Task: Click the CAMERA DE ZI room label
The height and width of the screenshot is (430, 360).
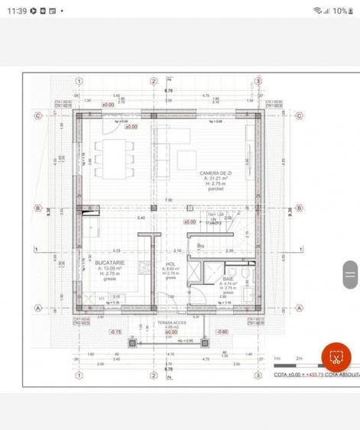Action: [216, 173]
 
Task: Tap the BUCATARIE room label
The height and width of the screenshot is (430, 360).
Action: [111, 262]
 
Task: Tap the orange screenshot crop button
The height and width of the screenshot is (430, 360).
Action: [335, 357]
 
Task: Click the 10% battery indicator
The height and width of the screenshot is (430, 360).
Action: [339, 11]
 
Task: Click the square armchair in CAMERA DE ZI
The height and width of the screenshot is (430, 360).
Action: [187, 160]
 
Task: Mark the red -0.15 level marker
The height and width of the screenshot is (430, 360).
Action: [115, 332]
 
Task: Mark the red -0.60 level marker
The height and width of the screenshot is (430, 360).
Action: [222, 332]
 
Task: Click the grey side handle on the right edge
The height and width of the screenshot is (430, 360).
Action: [350, 273]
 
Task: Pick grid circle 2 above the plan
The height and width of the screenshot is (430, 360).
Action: [154, 81]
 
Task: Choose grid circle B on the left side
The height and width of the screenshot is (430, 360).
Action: [36, 208]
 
